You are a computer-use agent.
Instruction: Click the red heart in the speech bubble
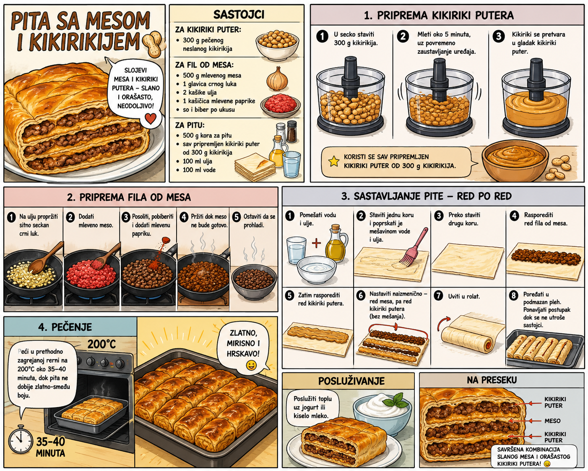pyautogui.click(x=150, y=119)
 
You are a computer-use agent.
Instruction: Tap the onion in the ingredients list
pyautogui.click(x=277, y=79)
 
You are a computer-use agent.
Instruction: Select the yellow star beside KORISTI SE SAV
pyautogui.click(x=333, y=161)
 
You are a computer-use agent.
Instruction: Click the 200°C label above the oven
pyautogui.click(x=101, y=344)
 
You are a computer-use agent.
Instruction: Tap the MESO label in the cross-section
pyautogui.click(x=552, y=421)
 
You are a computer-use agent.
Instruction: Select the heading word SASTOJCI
pyautogui.click(x=239, y=15)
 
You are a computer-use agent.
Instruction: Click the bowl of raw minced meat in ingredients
pyautogui.click(x=280, y=105)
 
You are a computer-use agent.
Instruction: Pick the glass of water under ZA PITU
pyautogui.click(x=291, y=165)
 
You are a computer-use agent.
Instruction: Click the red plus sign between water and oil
pyautogui.click(x=316, y=243)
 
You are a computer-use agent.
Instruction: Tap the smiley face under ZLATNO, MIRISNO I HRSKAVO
pyautogui.click(x=251, y=365)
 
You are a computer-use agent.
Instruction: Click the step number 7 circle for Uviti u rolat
pyautogui.click(x=439, y=296)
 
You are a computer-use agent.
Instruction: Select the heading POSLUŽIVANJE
pyautogui.click(x=351, y=381)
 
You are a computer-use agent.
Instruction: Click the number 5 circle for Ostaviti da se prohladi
pyautogui.click(x=236, y=217)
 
